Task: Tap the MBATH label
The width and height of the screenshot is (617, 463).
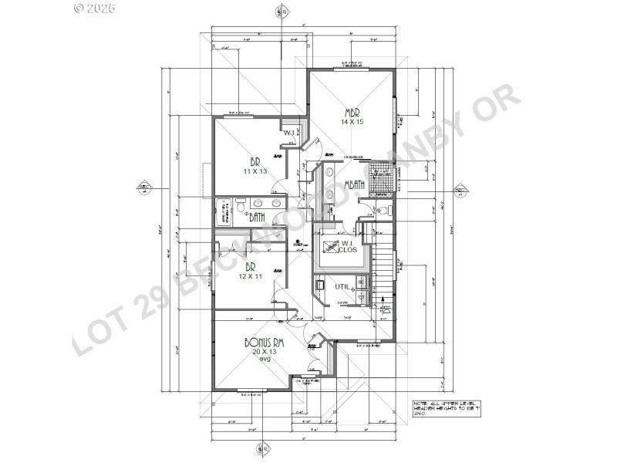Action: (x=355, y=184)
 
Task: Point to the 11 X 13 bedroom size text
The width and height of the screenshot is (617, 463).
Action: (x=255, y=171)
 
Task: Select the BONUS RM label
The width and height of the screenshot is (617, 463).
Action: (x=264, y=343)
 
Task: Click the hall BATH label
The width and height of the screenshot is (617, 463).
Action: (x=257, y=218)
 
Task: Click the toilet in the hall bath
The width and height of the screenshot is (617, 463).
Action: (x=241, y=205)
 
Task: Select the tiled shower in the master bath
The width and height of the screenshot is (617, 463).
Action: (x=381, y=176)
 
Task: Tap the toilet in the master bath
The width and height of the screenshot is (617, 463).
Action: (x=383, y=209)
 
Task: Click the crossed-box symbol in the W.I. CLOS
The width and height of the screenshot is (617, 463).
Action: (x=329, y=248)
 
